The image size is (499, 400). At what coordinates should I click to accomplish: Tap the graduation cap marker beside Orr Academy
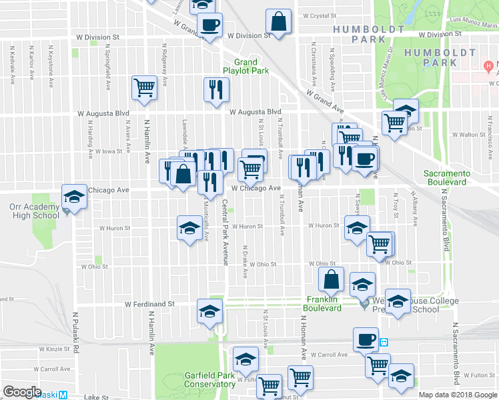coord(74,197)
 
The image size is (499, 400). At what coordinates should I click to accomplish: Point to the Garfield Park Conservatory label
coord(209,379)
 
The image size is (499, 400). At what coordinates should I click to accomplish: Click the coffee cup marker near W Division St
coord(209,26)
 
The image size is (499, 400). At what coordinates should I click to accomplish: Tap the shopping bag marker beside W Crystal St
coord(279,21)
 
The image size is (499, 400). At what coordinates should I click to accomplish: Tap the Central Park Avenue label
coord(225,232)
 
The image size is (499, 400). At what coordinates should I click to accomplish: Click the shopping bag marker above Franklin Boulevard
coord(331,280)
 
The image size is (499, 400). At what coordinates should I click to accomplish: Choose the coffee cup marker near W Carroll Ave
coord(366,339)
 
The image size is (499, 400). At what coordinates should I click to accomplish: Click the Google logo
coord(22,392)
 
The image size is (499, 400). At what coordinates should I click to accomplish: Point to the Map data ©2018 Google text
coord(457,395)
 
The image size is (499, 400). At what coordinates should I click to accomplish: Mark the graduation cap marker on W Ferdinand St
coord(209,311)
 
